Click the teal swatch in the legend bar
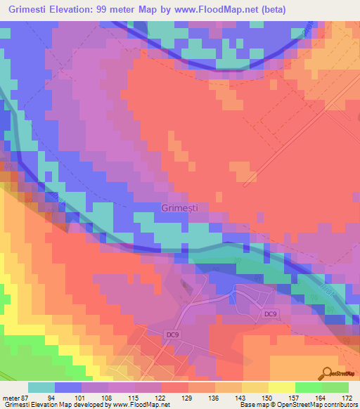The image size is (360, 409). click(x=41, y=387)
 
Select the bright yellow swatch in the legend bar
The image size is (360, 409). click(x=282, y=387)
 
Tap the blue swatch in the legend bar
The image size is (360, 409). click(x=68, y=387)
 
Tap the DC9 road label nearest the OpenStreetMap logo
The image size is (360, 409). click(x=271, y=314)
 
